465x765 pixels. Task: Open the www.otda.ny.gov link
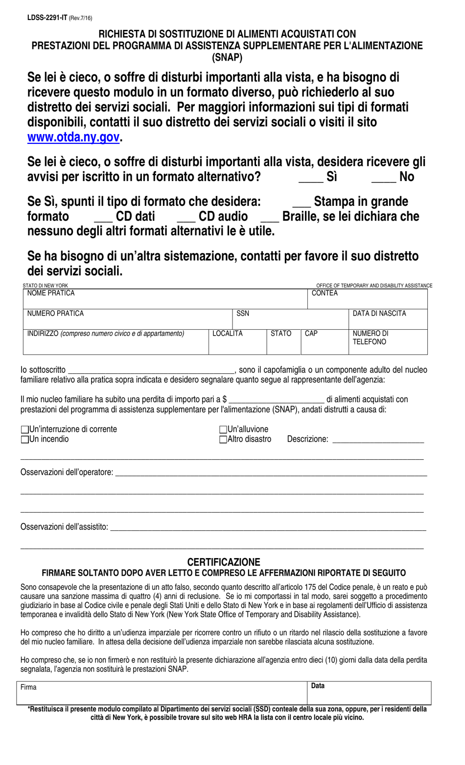[x=73, y=137]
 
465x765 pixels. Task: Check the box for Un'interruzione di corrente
[x=25, y=429]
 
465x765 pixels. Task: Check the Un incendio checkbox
[x=25, y=440]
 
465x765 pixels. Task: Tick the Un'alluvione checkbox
[x=223, y=429]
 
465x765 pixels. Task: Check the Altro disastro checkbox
[x=223, y=440]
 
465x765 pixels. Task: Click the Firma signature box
[x=162, y=694]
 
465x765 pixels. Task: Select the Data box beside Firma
[x=369, y=694]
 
